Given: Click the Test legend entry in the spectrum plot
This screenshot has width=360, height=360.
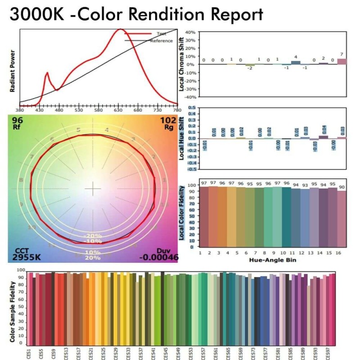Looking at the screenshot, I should click(161, 34).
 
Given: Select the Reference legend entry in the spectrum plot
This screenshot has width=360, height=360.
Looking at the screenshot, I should click(161, 41).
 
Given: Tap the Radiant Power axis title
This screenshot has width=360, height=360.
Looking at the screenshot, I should click(12, 70).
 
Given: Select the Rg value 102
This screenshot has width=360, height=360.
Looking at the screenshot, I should click(168, 121).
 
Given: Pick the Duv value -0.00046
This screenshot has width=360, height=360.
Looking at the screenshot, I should click(158, 257).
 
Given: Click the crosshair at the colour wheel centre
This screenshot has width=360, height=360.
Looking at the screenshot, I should click(93, 189).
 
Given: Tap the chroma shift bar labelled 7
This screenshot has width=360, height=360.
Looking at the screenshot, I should click(342, 61).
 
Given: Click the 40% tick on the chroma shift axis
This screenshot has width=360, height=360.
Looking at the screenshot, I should click(189, 32).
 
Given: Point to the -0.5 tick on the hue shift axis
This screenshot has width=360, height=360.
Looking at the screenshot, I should click(192, 169).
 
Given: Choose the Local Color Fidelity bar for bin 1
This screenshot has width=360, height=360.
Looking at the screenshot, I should click(204, 216).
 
